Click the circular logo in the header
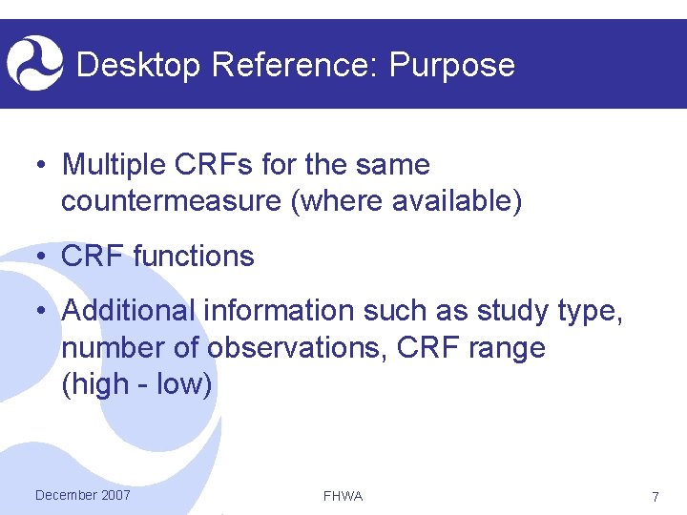pos(34,63)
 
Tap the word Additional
pos(128,311)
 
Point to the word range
pos(507,348)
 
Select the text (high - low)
pos(136,384)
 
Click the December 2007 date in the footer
pos(82,495)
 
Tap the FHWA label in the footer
pos(343,496)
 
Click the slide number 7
pos(655,497)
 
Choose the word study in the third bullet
pos(503,311)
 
